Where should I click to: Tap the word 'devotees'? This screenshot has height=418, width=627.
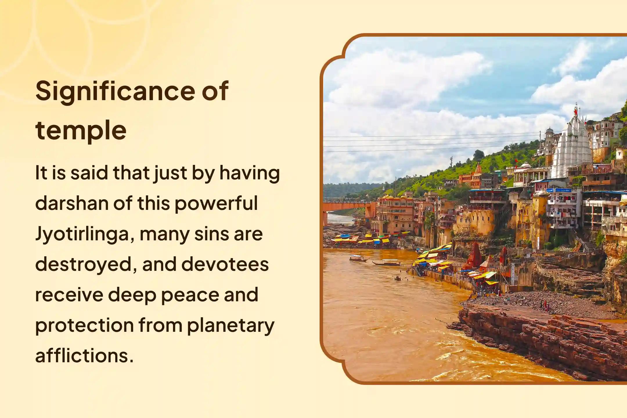[x=225, y=264]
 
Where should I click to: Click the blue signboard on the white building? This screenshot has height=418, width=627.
[x=563, y=190]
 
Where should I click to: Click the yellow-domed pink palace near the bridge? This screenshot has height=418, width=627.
[x=395, y=214]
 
